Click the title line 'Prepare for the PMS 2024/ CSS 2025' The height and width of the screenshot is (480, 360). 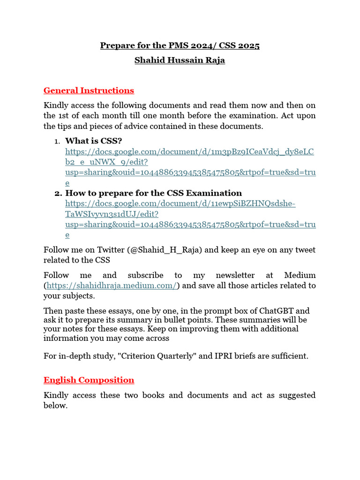pyautogui.click(x=180, y=45)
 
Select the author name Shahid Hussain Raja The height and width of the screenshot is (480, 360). pyautogui.click(x=180, y=60)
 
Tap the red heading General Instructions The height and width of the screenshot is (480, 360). pyautogui.click(x=89, y=90)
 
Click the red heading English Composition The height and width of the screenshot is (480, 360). pyautogui.click(x=89, y=380)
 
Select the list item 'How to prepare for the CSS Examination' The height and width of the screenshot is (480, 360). pyautogui.click(x=153, y=193)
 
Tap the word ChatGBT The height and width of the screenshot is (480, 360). pyautogui.click(x=280, y=311)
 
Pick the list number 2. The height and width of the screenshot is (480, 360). pyautogui.click(x=58, y=193)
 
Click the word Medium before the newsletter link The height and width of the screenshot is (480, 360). pyautogui.click(x=300, y=275)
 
